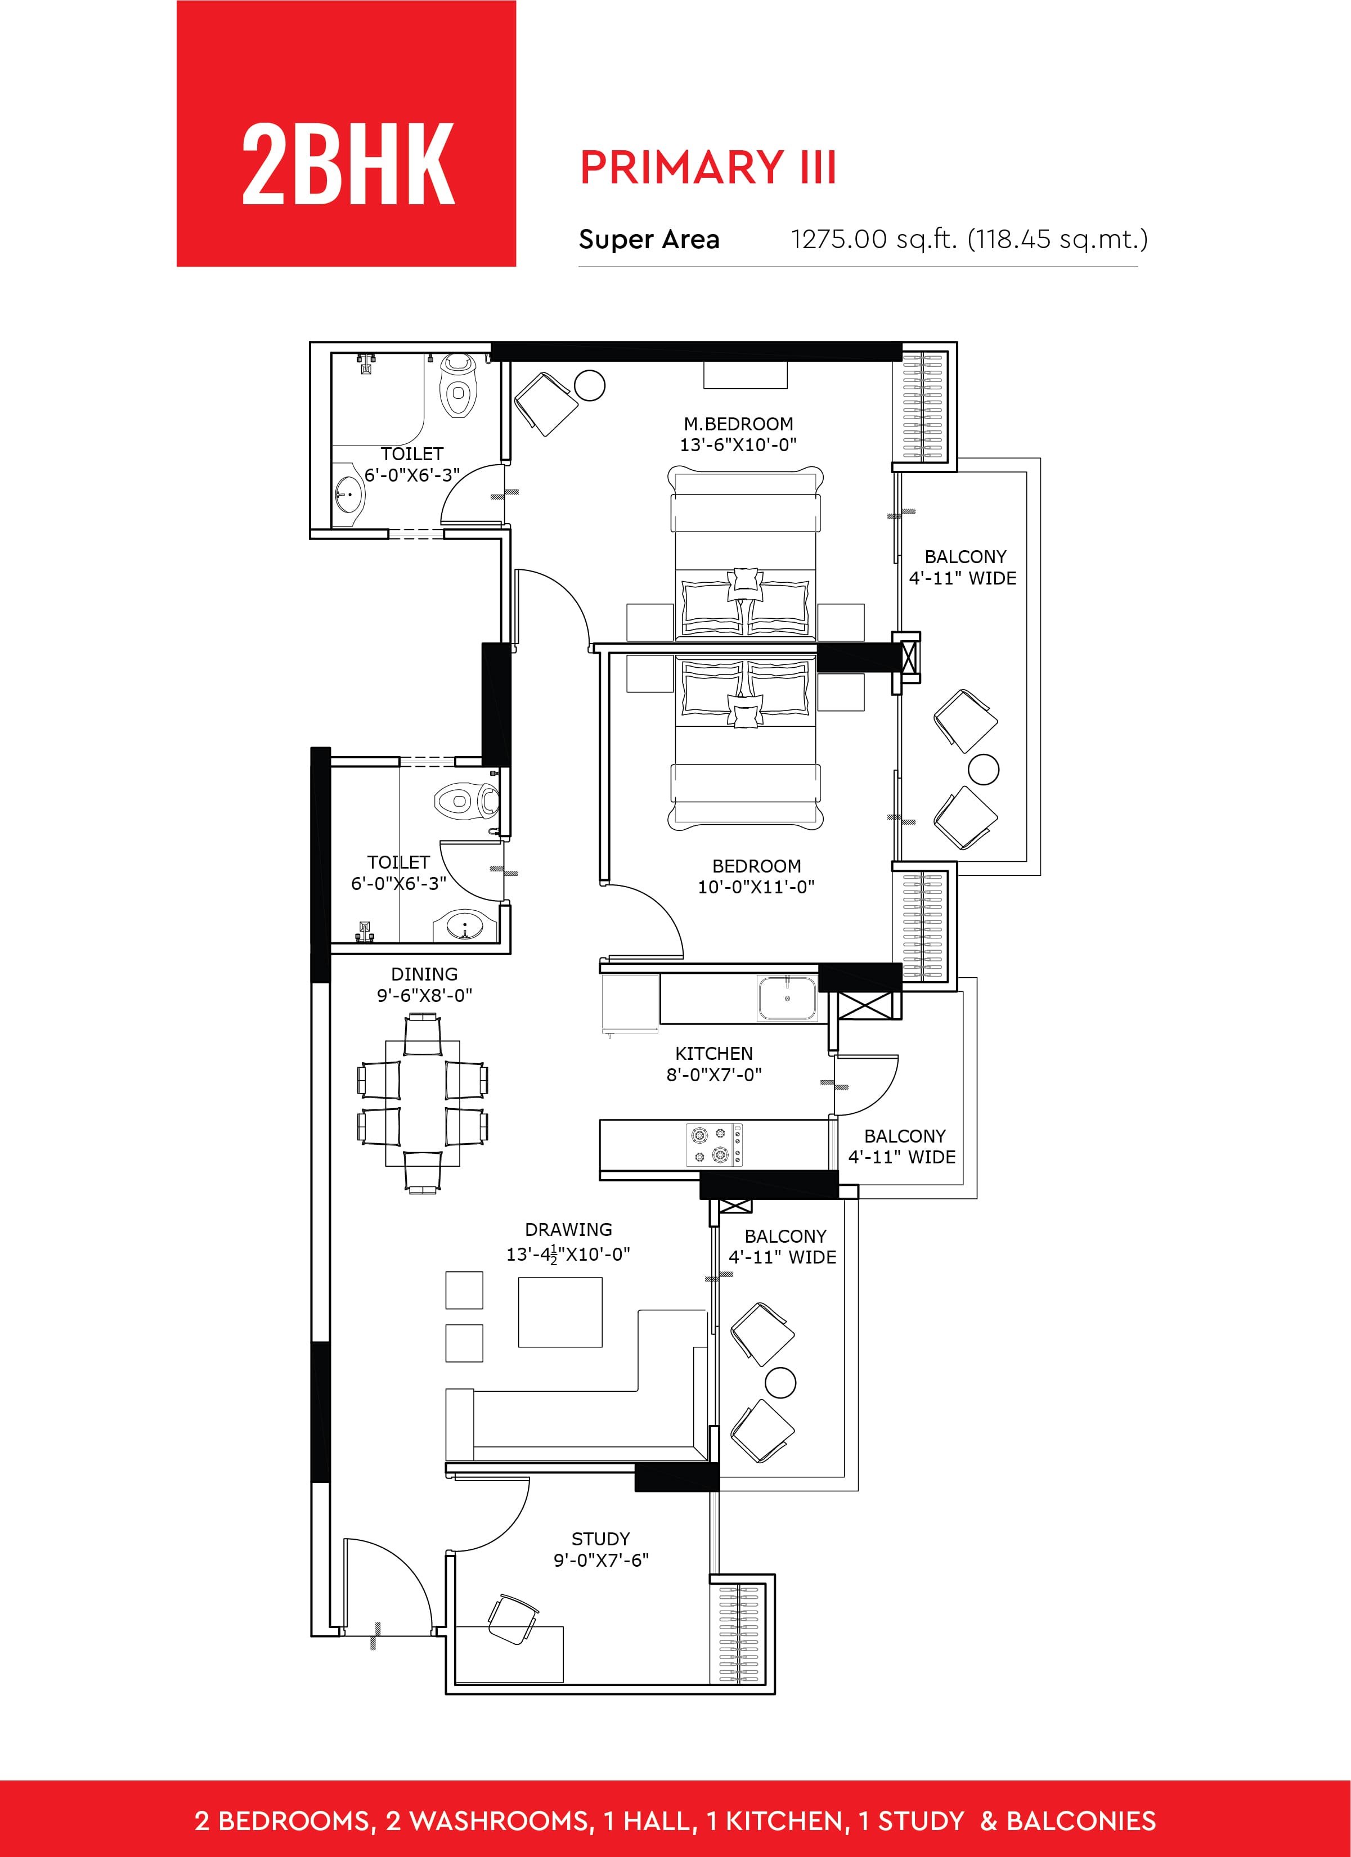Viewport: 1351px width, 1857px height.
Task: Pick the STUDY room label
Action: tap(601, 1539)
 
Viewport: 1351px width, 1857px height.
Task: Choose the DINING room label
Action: tap(424, 974)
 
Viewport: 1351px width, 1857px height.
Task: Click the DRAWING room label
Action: tap(568, 1230)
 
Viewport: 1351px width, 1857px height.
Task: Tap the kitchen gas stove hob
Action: tap(714, 1145)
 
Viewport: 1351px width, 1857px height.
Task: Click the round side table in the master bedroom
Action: tap(590, 384)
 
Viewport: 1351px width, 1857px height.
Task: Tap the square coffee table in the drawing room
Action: tap(560, 1312)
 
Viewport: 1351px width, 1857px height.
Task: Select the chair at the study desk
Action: tap(513, 1618)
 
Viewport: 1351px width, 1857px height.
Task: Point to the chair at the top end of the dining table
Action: tap(423, 1033)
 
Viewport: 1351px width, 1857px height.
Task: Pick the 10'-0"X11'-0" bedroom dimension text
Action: tap(757, 887)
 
